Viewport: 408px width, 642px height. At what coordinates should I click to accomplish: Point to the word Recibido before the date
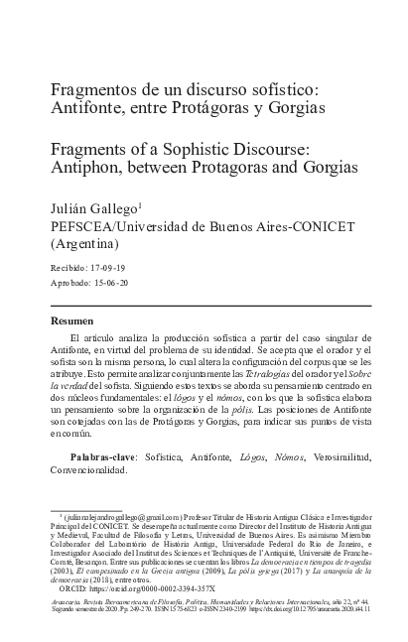point(69,268)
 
